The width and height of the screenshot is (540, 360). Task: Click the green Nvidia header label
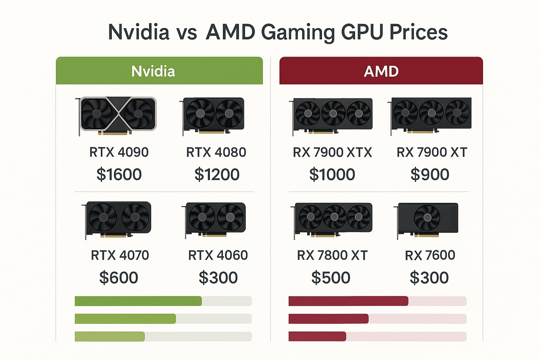pyautogui.click(x=153, y=71)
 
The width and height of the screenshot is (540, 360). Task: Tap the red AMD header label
pyautogui.click(x=381, y=71)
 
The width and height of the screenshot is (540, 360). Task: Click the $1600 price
pyautogui.click(x=119, y=174)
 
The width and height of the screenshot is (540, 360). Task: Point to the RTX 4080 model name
pyautogui.click(x=216, y=152)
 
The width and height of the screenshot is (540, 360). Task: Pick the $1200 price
pyautogui.click(x=217, y=174)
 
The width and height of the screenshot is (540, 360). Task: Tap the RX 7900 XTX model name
pyautogui.click(x=332, y=152)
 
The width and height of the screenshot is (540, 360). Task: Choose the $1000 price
pyautogui.click(x=332, y=174)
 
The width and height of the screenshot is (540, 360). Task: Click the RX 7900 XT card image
pyautogui.click(x=431, y=115)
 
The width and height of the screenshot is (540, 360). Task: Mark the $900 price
pyautogui.click(x=430, y=174)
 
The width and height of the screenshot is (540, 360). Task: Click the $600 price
pyautogui.click(x=118, y=277)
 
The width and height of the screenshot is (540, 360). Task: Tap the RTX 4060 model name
pyautogui.click(x=218, y=255)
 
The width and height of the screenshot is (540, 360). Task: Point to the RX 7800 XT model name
pyautogui.click(x=332, y=255)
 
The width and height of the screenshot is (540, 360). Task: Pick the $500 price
pyautogui.click(x=330, y=277)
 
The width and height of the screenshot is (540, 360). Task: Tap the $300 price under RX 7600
pyautogui.click(x=429, y=277)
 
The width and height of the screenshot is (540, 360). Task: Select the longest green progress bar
pyautogui.click(x=138, y=301)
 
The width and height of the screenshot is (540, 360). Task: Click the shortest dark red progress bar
pyautogui.click(x=317, y=336)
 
